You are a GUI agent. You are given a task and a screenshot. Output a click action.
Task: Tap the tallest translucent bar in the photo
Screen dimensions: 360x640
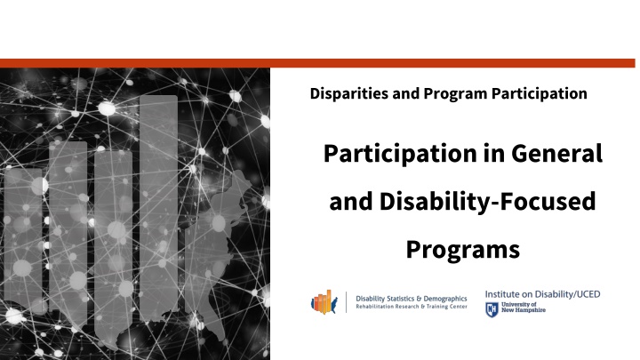pos(158,196)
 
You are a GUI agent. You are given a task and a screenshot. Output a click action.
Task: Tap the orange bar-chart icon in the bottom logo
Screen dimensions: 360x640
pos(325,302)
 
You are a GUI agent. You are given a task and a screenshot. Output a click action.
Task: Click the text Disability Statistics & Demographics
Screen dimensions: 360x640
pos(412,298)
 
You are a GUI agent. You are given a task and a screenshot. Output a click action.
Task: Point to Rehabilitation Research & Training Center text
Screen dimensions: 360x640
pos(412,308)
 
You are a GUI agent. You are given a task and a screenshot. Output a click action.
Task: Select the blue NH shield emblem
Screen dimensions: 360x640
pos(491,309)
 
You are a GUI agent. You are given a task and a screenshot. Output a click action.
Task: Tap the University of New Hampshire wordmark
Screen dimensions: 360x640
pos(525,308)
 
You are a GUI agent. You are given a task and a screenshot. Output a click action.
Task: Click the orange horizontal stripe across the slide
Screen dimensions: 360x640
pos(320,63)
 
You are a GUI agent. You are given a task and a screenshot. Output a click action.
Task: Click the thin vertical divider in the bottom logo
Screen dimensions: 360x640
pos(346,302)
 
